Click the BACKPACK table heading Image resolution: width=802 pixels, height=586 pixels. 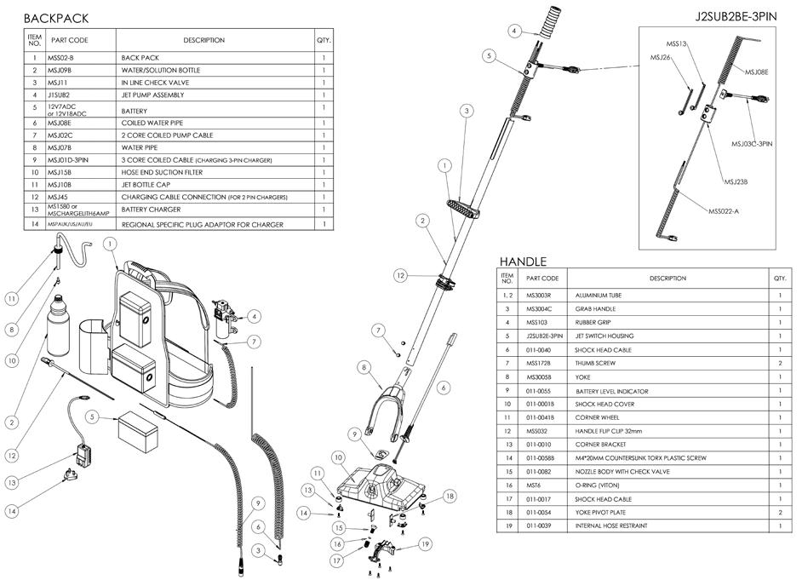(55, 18)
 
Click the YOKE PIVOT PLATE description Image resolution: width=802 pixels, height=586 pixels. (602, 513)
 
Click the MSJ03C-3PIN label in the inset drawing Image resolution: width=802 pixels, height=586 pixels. (751, 144)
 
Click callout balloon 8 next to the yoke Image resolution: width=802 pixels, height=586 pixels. (364, 368)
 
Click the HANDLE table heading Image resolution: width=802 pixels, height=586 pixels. (523, 261)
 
